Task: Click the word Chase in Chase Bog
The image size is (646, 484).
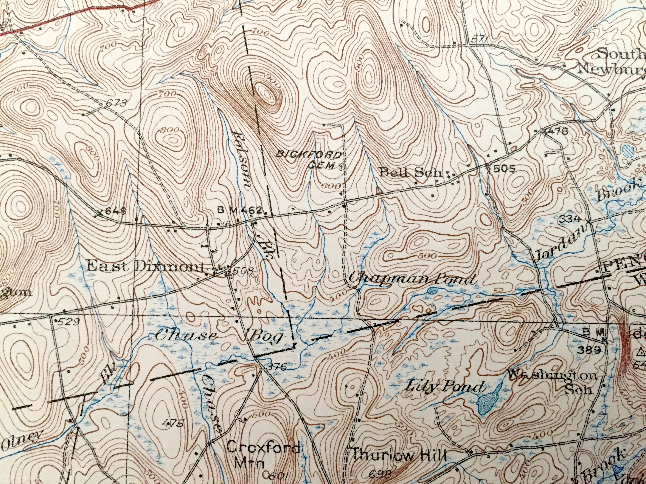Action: (186, 336)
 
